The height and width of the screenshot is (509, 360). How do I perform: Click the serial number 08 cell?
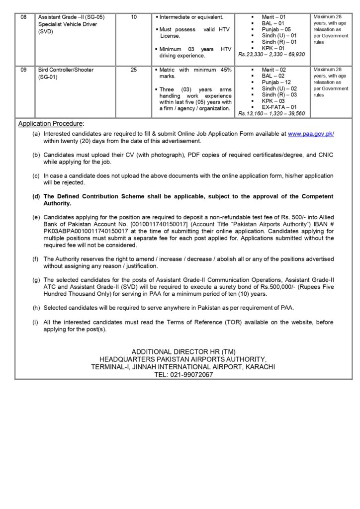(23, 17)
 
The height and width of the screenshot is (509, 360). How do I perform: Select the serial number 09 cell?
(23, 70)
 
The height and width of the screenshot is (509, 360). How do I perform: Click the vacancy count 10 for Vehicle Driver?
(134, 17)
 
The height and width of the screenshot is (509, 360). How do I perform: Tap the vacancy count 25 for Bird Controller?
(134, 70)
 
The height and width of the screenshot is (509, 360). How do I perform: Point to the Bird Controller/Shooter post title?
(66, 70)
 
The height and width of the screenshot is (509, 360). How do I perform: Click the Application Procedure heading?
(51, 123)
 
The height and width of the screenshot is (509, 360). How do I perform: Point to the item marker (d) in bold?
(36, 197)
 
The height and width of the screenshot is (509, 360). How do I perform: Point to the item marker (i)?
(36, 323)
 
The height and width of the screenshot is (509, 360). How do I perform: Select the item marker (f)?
(36, 259)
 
